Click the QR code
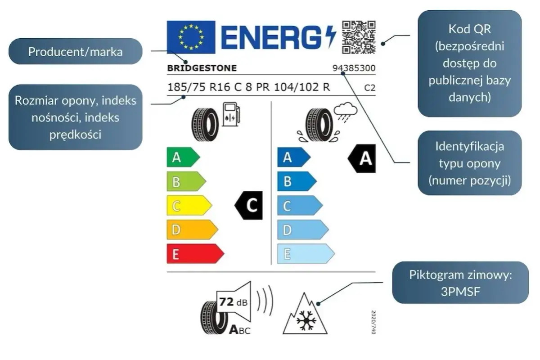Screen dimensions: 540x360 359,37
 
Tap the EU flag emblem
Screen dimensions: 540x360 191,37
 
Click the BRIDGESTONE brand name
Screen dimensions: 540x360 202,68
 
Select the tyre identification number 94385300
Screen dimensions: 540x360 354,68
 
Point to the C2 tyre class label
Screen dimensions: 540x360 370,88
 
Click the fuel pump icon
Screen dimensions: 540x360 231,114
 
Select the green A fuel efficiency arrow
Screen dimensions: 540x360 183,157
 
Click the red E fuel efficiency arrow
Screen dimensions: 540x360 195,254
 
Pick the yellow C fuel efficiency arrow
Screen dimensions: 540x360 189,206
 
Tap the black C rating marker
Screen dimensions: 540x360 248,206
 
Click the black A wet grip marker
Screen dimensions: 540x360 362,158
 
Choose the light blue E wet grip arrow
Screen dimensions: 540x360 306,254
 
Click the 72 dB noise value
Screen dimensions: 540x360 234,302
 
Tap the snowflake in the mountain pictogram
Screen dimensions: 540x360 306,320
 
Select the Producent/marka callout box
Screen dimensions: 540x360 76,51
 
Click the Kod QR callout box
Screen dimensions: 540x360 470,63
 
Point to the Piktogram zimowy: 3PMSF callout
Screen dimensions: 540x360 460,283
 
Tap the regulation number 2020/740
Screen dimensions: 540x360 373,322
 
